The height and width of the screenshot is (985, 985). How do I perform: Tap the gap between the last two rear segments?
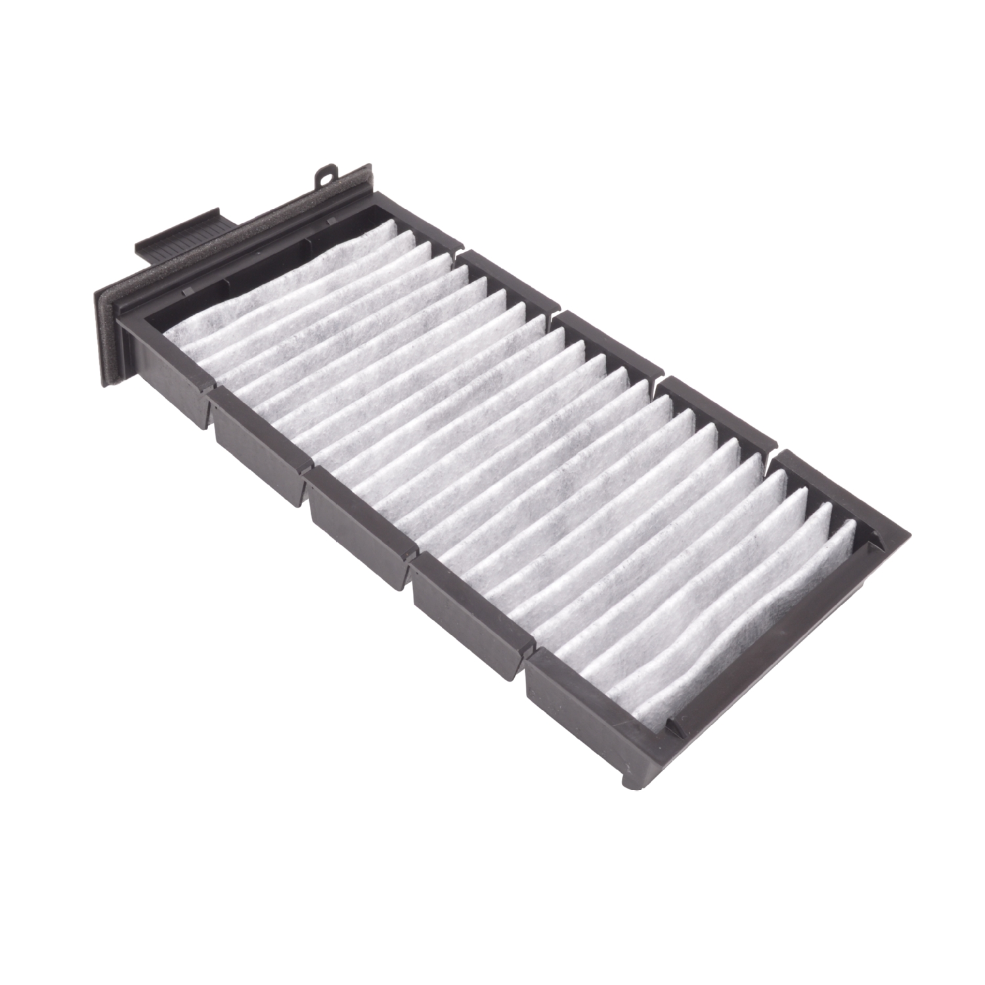pos(772,447)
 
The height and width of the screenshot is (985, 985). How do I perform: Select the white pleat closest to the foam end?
pos(197,328)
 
